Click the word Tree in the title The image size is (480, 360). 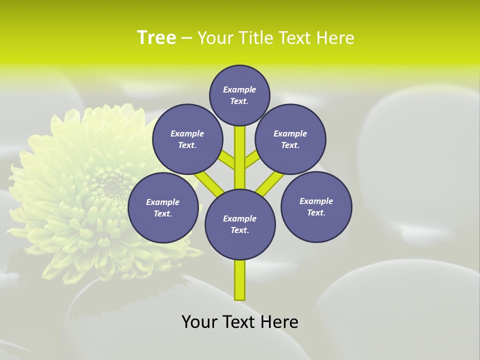tap(156, 37)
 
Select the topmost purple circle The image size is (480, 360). tap(239, 95)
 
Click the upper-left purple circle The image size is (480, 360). tap(187, 139)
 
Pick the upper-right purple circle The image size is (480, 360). tap(290, 139)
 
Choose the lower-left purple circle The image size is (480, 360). tap(163, 207)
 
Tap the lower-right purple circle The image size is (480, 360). tap(316, 206)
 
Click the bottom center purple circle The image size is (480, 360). tap(240, 224)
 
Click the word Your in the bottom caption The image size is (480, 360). tap(199, 321)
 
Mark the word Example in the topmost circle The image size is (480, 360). tap(239, 89)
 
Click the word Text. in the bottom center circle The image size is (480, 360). tap(240, 230)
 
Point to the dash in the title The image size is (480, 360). tap(186, 38)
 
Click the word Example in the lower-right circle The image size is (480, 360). tap(316, 201)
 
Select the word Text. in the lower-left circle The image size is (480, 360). tap(163, 213)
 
